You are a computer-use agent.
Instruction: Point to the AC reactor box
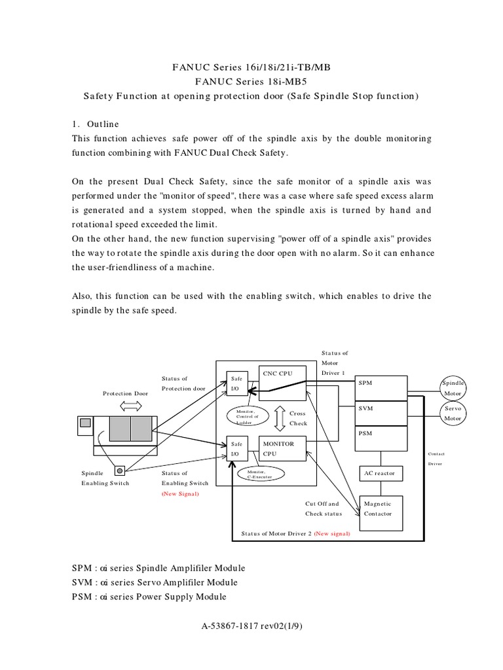382,473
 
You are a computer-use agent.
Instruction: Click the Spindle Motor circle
453,387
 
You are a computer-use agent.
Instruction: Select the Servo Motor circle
453,413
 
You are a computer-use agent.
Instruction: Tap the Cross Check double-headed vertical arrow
279,418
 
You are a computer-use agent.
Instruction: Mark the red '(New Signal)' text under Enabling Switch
180,494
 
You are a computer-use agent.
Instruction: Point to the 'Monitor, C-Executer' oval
259,474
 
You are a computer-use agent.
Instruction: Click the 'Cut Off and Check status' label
324,508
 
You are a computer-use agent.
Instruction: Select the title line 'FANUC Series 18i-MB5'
251,82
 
